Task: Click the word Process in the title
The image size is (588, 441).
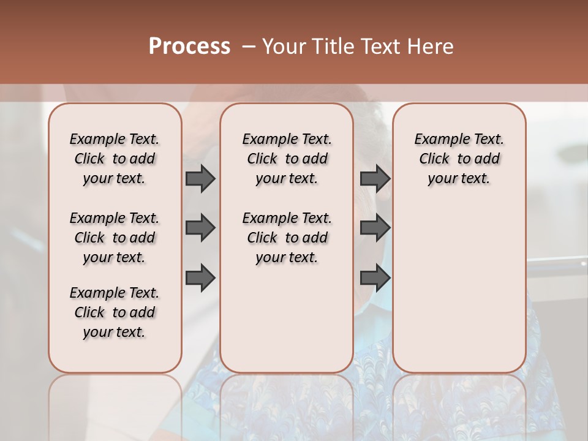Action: point(189,47)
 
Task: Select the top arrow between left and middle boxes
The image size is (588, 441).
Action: point(200,178)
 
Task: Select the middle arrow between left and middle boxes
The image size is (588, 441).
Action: point(200,228)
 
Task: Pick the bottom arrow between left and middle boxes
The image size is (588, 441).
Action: point(200,278)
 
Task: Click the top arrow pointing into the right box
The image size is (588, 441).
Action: point(375,178)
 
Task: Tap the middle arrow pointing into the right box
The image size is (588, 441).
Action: point(375,228)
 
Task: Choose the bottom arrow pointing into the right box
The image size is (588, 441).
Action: point(375,278)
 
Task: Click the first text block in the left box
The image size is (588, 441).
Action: point(115,159)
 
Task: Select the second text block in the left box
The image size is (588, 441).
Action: point(115,238)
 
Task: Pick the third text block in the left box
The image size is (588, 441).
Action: point(115,312)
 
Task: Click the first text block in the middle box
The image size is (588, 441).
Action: point(287,159)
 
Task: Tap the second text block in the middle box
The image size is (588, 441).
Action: point(287,238)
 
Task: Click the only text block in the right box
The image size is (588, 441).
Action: point(459,159)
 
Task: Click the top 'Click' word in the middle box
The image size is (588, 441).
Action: point(262,159)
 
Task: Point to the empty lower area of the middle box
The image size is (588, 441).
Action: point(287,318)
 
